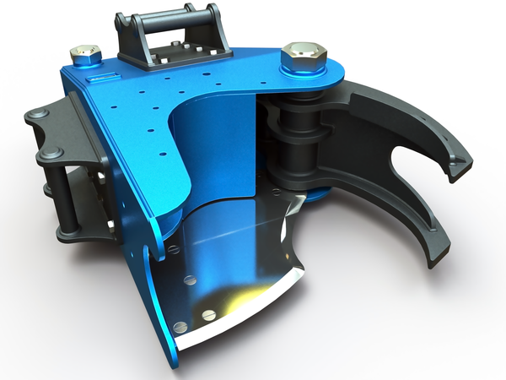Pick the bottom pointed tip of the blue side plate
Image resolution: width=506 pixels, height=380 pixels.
click(x=174, y=363)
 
